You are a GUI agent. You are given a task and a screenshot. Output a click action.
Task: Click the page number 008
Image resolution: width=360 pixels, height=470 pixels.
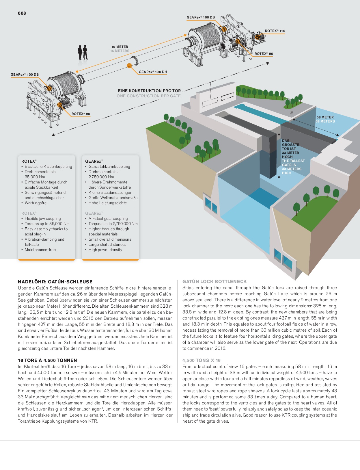22,13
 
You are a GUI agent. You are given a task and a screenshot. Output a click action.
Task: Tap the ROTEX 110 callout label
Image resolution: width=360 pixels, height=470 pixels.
275,31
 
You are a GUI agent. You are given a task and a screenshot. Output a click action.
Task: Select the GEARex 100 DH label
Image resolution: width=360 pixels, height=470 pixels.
153,72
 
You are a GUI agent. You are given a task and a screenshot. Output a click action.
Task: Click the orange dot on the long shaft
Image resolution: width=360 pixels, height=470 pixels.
129,65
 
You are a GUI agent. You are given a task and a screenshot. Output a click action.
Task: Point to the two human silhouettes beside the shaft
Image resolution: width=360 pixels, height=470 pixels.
83,52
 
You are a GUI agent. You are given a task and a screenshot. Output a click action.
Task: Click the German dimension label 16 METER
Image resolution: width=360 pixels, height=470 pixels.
120,47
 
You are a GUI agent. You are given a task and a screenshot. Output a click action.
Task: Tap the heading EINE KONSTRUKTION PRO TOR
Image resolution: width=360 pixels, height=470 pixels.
149,91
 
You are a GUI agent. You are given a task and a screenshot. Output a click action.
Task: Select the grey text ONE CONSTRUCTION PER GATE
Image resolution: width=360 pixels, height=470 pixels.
149,96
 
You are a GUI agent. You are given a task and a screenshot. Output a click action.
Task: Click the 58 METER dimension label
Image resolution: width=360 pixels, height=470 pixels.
325,117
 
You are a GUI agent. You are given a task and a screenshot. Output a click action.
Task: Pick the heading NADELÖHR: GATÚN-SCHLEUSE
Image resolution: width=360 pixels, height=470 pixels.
55,282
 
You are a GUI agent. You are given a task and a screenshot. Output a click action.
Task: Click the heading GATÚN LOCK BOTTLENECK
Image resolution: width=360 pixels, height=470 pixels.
214,281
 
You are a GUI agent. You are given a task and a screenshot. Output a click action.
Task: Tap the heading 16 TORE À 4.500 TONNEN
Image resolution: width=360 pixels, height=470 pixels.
47,360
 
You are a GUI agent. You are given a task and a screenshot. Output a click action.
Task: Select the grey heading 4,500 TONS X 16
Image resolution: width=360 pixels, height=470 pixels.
202,360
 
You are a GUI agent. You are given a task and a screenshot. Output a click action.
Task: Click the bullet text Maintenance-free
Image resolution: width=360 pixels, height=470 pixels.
40,250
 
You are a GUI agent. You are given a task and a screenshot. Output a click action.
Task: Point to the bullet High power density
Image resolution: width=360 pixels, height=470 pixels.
105,250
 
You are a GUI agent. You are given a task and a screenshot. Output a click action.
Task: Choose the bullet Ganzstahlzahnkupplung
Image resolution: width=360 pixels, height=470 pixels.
109,167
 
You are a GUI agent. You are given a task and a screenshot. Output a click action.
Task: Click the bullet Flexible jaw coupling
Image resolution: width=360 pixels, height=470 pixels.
42,218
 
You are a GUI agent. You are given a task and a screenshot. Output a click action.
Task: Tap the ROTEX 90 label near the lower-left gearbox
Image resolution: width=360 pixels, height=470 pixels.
81,114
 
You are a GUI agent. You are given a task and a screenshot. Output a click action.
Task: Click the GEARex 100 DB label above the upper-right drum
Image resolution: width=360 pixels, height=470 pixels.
201,17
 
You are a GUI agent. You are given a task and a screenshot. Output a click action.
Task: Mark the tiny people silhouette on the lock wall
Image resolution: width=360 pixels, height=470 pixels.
291,112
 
